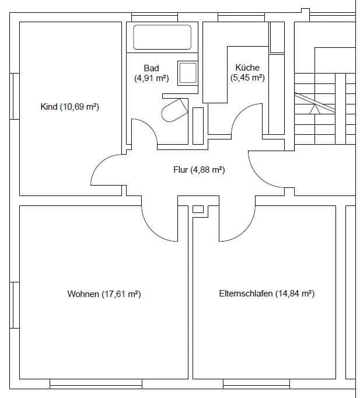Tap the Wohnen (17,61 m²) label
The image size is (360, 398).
click(104, 294)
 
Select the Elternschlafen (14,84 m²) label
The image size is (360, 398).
click(267, 294)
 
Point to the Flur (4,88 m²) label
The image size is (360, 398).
click(199, 170)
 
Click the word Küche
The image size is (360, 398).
click(247, 68)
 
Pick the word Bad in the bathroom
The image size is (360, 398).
click(151, 68)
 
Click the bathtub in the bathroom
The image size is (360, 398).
click(162, 37)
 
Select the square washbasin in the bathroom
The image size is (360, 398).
click(187, 73)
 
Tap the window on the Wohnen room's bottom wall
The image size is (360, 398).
click(96, 383)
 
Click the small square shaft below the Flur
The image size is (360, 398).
click(198, 209)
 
